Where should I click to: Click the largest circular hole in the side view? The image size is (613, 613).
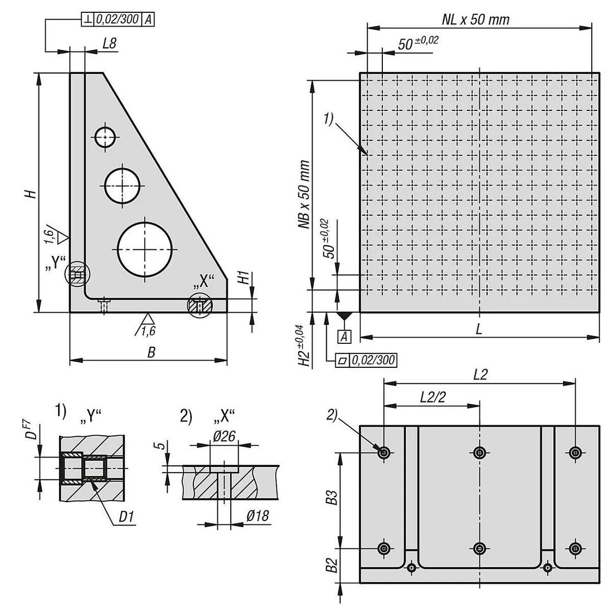coord(145,249)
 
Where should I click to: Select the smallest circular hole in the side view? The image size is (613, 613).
coord(105,137)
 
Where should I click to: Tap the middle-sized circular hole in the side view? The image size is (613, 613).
coord(123,186)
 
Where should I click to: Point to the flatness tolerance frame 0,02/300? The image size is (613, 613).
coord(366,361)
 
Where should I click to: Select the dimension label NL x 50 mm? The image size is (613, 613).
coord(475,20)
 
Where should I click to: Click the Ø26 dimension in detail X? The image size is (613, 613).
coord(223,437)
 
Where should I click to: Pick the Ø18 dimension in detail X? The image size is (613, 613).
coord(257,516)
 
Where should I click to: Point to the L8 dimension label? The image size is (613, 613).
coord(109,44)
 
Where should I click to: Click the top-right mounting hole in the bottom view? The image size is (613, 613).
coord(575,453)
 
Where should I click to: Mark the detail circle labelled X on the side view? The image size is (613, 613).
coord(200,305)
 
